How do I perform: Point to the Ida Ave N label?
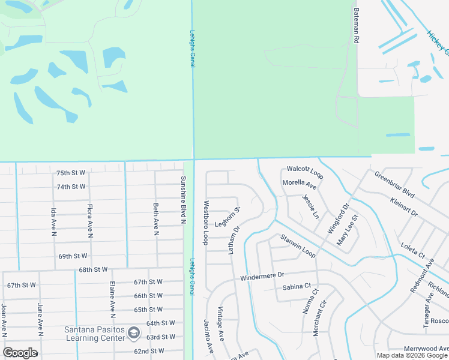coord(53,221)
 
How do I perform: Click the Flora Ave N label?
coord(89,221)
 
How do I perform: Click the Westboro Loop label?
coord(205,223)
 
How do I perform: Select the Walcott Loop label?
coord(305,172)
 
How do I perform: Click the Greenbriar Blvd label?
coord(394,185)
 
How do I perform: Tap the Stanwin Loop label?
coord(297,246)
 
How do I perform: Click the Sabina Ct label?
coord(297,287)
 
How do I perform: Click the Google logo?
coord(20,352)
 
